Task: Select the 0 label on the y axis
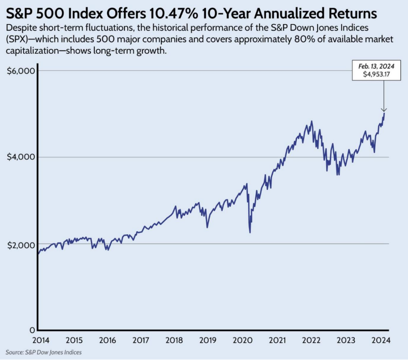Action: pyautogui.click(x=32, y=330)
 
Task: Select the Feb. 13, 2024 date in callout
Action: pyautogui.click(x=377, y=66)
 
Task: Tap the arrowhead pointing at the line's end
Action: pyautogui.click(x=384, y=110)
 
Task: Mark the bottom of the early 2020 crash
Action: pyautogui.click(x=250, y=232)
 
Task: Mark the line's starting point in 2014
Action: pyautogui.click(x=38, y=254)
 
